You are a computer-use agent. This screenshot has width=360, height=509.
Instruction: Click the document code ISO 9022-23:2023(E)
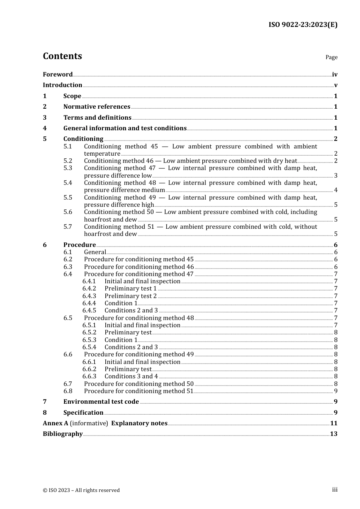[303, 25]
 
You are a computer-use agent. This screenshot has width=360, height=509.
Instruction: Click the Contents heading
[62, 56]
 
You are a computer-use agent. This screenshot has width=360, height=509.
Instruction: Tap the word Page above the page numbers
[331, 57]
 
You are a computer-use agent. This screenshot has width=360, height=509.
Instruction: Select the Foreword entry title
[58, 74]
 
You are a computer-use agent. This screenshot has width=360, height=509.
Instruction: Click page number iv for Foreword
[335, 75]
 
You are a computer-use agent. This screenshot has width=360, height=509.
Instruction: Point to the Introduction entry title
[63, 85]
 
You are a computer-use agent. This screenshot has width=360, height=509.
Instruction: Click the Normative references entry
[97, 106]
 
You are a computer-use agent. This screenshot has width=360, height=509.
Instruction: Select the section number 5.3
[67, 168]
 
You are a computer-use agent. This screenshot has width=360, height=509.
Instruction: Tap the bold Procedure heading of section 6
[80, 245]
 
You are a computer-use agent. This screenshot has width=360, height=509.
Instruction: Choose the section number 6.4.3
[89, 296]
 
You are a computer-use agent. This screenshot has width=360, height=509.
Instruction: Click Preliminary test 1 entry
[130, 289]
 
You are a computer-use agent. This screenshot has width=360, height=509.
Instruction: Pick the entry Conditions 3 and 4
[131, 376]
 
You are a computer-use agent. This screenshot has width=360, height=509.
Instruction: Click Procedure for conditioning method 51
[139, 391]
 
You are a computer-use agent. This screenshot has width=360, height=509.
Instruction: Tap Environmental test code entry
[101, 401]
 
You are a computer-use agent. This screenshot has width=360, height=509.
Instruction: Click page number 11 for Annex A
[333, 423]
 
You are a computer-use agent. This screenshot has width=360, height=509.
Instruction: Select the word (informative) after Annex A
[89, 423]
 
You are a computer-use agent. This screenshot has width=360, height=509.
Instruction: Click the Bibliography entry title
[63, 434]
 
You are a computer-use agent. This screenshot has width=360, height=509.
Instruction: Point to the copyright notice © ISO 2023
[81, 490]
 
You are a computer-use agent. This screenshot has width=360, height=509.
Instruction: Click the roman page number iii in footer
[335, 490]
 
